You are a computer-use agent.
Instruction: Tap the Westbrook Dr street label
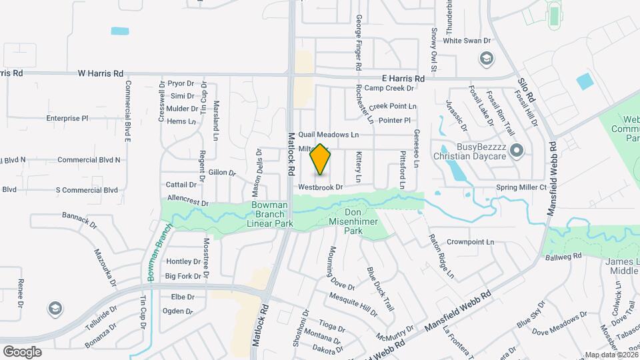pyautogui.click(x=320, y=187)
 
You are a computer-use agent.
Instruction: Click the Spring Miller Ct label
pyautogui.click(x=521, y=188)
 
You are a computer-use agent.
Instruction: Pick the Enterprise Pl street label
pyautogui.click(x=67, y=118)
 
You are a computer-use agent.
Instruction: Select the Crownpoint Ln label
pyautogui.click(x=470, y=241)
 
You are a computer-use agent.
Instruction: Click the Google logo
pyautogui.click(x=22, y=351)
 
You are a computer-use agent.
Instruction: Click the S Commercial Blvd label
pyautogui.click(x=87, y=190)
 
